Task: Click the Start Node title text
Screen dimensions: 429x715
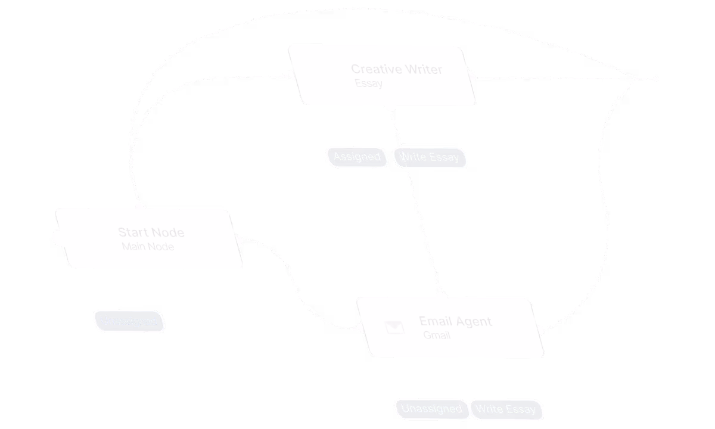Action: tap(151, 232)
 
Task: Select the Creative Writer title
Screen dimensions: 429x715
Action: tap(397, 69)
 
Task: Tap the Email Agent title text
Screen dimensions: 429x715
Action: tap(455, 322)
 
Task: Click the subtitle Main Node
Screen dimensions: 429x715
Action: tap(148, 247)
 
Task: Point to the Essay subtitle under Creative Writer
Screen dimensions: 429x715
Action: tap(368, 83)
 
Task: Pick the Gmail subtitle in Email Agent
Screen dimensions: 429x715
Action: tap(437, 335)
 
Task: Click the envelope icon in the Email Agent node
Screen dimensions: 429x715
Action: tap(394, 327)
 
